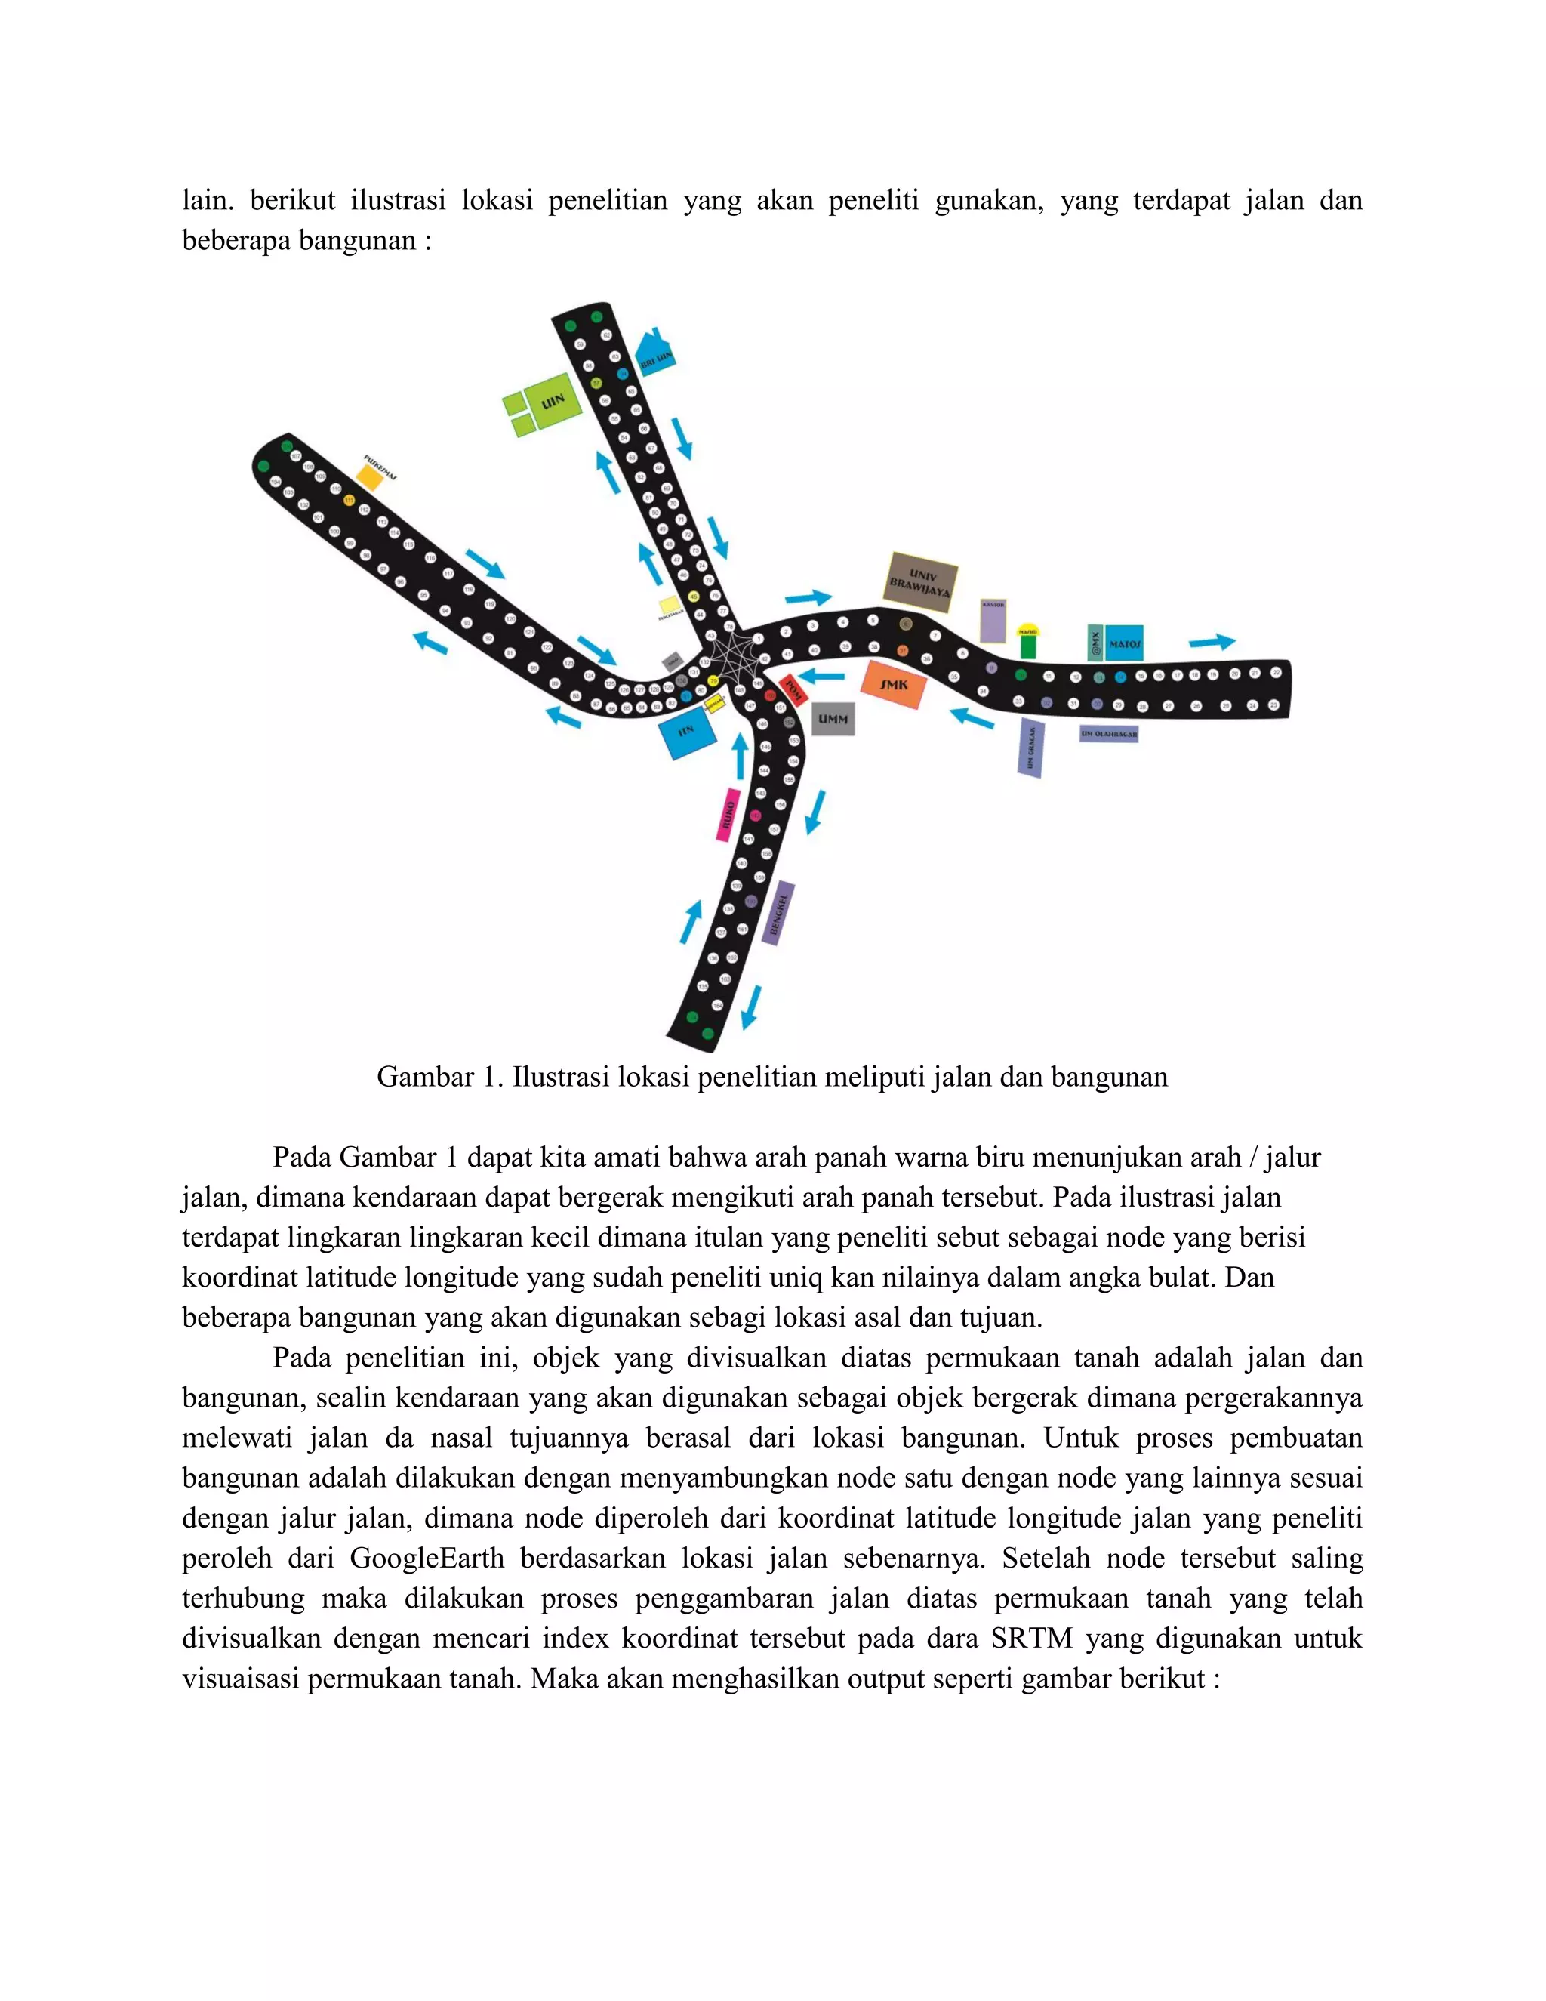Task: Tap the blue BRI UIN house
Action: [x=656, y=353]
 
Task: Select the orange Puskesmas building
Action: [x=369, y=476]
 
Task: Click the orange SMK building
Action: [x=893, y=684]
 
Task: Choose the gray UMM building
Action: [x=833, y=719]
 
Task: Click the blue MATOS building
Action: [x=1125, y=644]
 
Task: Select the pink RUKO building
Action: [x=728, y=813]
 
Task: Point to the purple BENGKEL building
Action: [x=778, y=913]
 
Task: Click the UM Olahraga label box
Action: [x=1108, y=734]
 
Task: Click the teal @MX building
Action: [x=1095, y=643]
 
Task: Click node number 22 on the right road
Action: [x=1277, y=674]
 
